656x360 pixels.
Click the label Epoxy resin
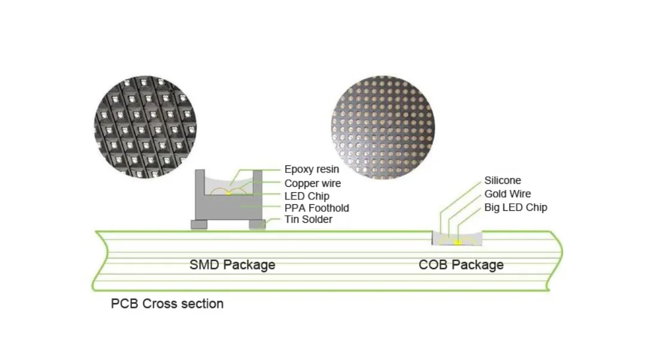click(311, 170)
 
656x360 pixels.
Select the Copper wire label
click(312, 183)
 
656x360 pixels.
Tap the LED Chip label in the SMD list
click(307, 196)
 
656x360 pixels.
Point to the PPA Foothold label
click(316, 208)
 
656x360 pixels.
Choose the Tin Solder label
click(308, 219)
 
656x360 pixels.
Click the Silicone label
click(503, 180)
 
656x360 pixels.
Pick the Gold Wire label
click(507, 193)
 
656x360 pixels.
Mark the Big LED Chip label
click(515, 207)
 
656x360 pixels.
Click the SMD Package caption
click(232, 264)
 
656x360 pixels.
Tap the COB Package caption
click(461, 264)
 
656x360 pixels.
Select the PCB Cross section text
click(167, 304)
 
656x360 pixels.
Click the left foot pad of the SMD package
click(199, 225)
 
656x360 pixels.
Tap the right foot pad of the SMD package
click(258, 225)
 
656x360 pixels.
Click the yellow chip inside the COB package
click(457, 242)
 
